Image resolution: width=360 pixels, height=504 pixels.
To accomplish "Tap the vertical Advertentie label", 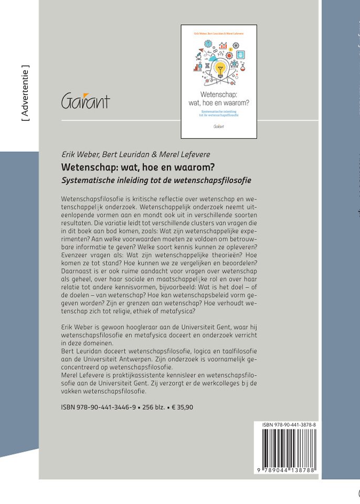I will tap(25, 93).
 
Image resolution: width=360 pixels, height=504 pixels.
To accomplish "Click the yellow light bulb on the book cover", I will tap(219, 68).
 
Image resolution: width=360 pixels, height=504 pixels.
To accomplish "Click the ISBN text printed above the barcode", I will tap(286, 424).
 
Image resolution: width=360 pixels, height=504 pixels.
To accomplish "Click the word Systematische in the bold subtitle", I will tap(88, 180).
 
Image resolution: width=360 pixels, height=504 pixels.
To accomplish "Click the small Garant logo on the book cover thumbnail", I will tap(218, 126).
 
